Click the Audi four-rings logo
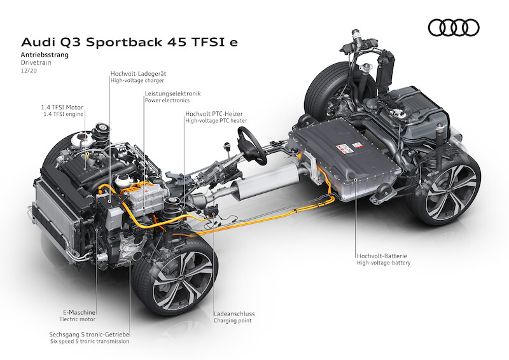[454, 27]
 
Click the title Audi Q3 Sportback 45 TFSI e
[129, 43]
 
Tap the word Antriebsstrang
[45, 55]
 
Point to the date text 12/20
[29, 70]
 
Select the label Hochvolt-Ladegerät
[138, 74]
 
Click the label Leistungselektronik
[172, 93]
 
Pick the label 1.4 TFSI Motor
[62, 107]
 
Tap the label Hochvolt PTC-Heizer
[214, 114]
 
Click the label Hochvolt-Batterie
[382, 256]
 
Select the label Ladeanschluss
[234, 314]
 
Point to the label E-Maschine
[79, 312]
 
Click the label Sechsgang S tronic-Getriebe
[89, 335]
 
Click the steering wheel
[252, 146]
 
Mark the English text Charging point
[232, 321]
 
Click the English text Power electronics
[167, 100]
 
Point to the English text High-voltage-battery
[384, 263]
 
